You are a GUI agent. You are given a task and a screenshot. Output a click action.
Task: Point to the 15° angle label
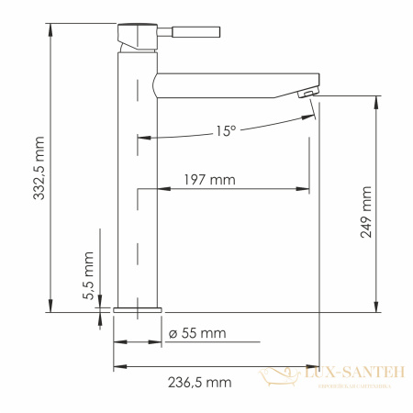click(x=226, y=131)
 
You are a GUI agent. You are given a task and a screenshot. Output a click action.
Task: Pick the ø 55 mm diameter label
click(x=196, y=331)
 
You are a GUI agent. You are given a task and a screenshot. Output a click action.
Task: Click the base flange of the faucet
click(x=137, y=309)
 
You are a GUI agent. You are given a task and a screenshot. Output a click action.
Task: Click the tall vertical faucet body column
click(x=137, y=184)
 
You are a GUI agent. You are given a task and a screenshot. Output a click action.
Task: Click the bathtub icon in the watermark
click(x=276, y=376)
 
